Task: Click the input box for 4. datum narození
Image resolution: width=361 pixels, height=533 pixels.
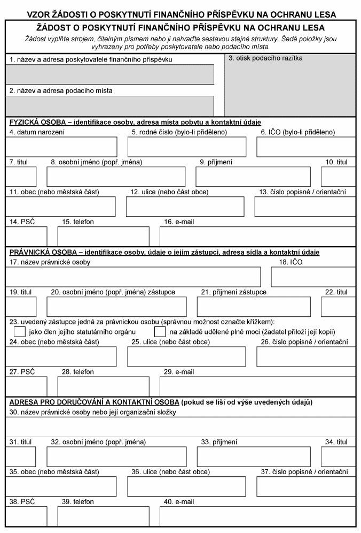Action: tap(61, 147)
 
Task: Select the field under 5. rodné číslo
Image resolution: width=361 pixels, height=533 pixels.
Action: tap(187, 147)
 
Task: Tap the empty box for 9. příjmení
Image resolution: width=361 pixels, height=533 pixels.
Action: tap(253, 177)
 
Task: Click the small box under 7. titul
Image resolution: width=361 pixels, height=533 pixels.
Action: tap(21, 177)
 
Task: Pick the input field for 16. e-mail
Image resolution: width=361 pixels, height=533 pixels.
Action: tap(257, 237)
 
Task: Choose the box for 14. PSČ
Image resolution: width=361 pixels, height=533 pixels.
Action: tap(26, 237)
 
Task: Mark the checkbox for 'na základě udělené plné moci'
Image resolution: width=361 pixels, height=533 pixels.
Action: tap(160, 332)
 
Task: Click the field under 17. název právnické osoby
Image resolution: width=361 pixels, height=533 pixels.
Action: tap(133, 277)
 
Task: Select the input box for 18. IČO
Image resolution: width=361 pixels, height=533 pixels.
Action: tap(313, 277)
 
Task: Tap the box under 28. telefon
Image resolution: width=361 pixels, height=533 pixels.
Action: tap(103, 387)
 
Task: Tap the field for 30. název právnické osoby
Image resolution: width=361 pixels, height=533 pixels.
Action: tap(180, 427)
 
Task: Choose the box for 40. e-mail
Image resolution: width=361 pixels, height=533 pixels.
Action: tap(257, 516)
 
